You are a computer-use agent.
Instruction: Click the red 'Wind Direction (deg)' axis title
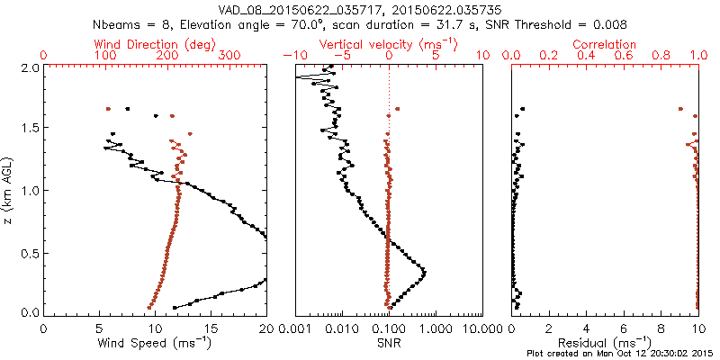[155, 44]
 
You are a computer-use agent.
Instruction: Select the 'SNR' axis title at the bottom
[388, 343]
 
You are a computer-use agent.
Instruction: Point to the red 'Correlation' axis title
[605, 44]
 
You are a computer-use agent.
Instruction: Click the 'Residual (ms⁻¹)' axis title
[605, 343]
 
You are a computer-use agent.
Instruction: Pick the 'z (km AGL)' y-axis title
[9, 190]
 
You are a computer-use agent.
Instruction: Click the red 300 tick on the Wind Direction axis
[230, 56]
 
